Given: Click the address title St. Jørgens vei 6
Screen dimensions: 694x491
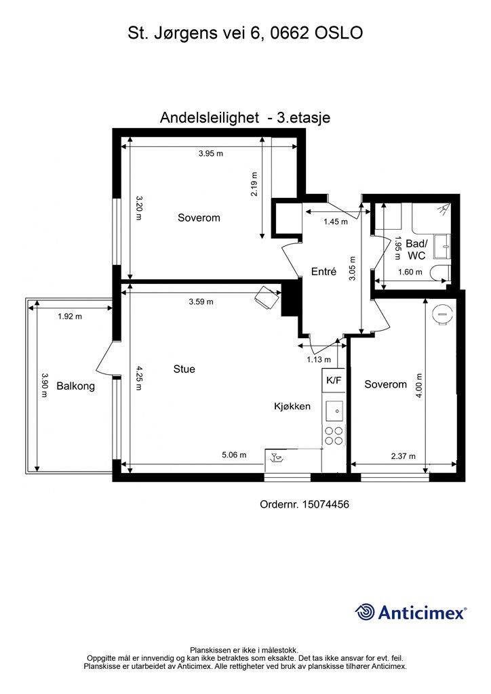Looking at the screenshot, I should click(245, 33).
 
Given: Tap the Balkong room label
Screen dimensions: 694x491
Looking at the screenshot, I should click(75, 386).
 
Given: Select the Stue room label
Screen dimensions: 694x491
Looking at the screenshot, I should click(184, 369).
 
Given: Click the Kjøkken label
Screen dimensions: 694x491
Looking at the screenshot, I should click(292, 407).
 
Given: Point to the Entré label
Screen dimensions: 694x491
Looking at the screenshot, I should click(324, 271).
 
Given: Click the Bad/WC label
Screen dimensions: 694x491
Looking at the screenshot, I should click(416, 249).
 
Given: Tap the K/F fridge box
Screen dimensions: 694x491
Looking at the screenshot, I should click(334, 380).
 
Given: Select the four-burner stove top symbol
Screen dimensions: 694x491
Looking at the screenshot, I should click(334, 435).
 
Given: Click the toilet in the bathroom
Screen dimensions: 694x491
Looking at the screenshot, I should click(439, 273).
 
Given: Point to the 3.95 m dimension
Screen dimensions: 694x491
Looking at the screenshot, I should click(211, 154).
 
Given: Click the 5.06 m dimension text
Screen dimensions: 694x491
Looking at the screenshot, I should click(234, 455).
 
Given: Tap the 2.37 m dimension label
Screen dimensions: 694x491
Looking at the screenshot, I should click(404, 456).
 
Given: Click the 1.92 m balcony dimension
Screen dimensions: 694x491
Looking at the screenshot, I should click(70, 317).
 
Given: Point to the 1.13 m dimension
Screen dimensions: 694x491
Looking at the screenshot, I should click(319, 360).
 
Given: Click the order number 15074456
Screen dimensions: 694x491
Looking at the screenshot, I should click(304, 504).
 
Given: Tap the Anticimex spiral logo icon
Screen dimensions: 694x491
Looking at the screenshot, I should click(366, 612).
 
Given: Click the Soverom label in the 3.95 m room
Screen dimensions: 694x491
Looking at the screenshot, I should click(199, 218).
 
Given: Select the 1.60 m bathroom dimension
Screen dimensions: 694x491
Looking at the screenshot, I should click(410, 272).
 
